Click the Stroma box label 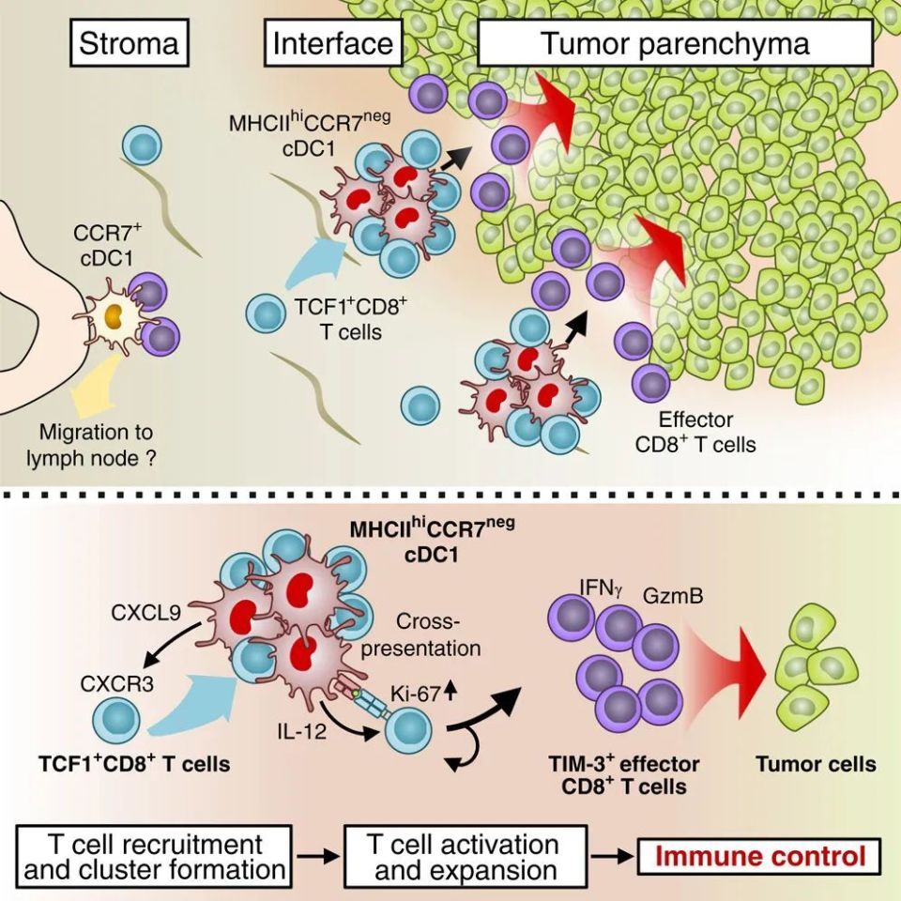tap(129, 44)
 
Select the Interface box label tap(333, 44)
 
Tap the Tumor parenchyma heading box tap(674, 44)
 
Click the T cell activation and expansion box tap(466, 856)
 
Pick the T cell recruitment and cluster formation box tap(157, 856)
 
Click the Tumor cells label tap(816, 764)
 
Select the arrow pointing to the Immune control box tap(614, 856)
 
